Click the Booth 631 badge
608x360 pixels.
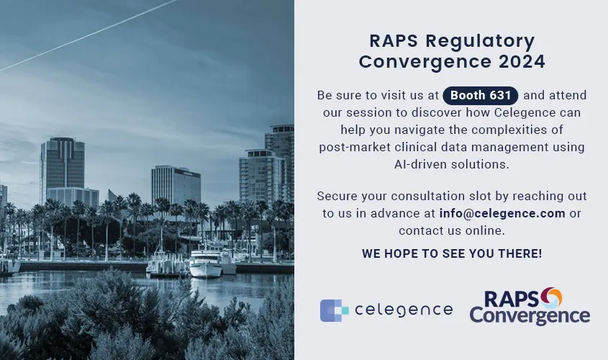[x=481, y=96]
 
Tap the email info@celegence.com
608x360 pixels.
[x=502, y=213]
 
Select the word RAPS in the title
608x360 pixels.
[x=394, y=41]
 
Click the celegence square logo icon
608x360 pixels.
[x=334, y=310]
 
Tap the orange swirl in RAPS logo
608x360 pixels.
[x=551, y=297]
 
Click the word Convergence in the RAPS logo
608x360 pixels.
[x=530, y=316]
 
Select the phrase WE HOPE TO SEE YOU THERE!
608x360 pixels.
[x=452, y=253]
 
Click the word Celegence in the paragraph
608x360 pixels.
[x=519, y=113]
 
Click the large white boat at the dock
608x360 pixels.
[x=206, y=264]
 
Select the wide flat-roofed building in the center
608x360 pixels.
[x=176, y=185]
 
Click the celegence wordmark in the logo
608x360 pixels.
[x=404, y=310]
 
